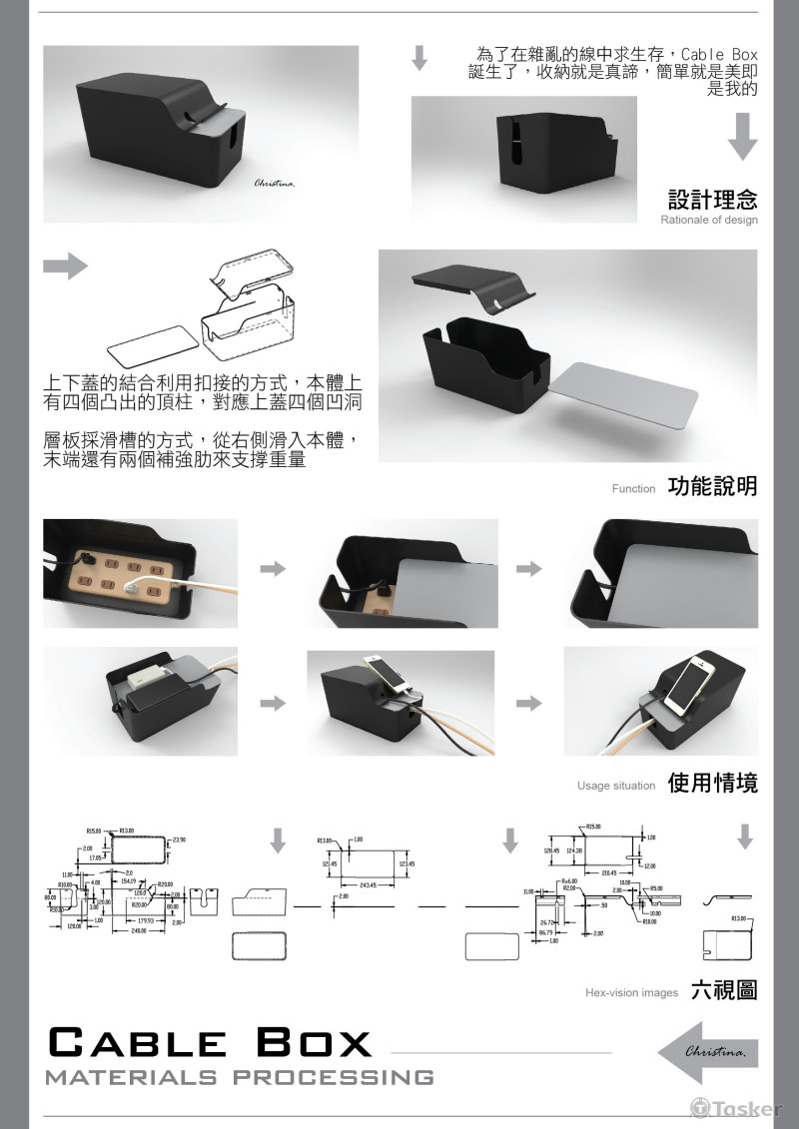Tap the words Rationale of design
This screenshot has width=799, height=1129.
(708, 220)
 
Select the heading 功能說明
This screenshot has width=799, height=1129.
(712, 486)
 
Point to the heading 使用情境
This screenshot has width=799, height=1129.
(712, 783)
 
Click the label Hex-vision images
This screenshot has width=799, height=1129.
(631, 992)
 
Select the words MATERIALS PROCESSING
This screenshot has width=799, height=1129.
(240, 1077)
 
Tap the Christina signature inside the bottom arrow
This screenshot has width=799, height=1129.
(712, 1052)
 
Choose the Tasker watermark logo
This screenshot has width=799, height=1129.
(736, 1108)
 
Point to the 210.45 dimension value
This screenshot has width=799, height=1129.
(606, 872)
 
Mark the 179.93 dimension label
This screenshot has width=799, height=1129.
(145, 919)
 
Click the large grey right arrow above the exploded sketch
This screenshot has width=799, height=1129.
(65, 266)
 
